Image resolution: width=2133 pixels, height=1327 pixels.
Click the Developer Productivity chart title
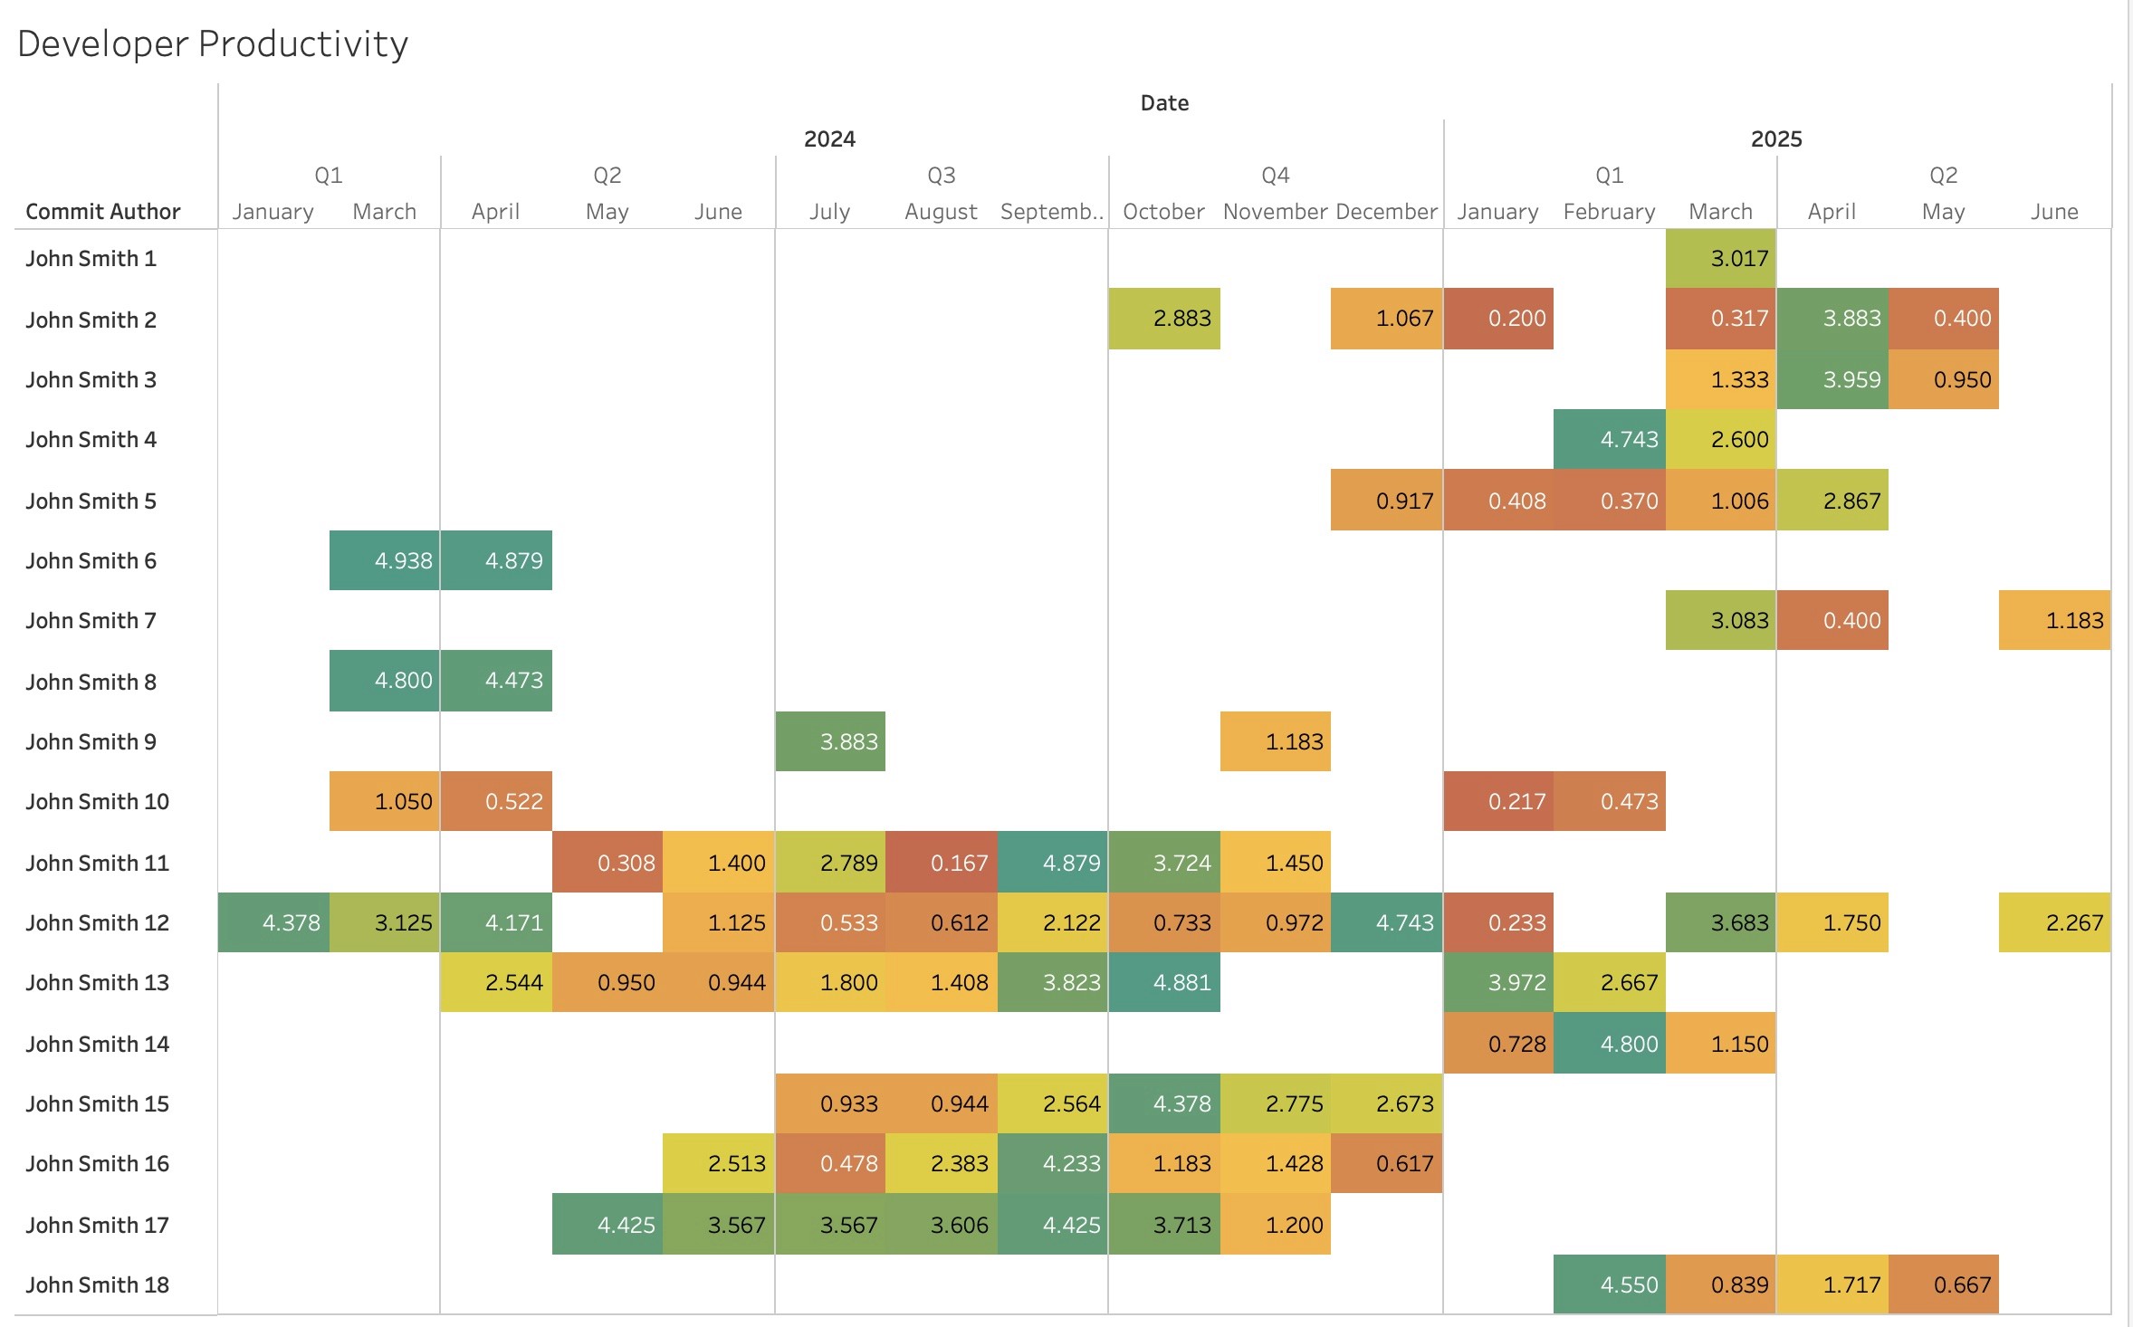(x=213, y=43)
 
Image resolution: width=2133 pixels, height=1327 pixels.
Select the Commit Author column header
(x=103, y=212)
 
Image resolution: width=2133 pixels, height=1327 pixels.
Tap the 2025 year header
(x=1775, y=139)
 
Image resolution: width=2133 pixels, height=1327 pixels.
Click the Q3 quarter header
(x=941, y=176)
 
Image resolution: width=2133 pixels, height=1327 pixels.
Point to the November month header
(x=1275, y=212)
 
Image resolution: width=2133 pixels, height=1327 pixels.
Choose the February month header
(x=1609, y=212)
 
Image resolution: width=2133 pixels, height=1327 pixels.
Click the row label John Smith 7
(x=91, y=621)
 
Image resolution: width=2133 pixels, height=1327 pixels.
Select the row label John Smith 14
(x=98, y=1044)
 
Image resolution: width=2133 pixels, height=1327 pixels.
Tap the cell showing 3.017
(x=1720, y=259)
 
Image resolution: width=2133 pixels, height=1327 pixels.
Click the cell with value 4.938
(x=385, y=560)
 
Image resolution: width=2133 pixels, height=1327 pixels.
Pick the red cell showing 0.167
(x=941, y=863)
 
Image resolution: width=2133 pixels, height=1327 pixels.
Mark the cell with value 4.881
(x=1164, y=982)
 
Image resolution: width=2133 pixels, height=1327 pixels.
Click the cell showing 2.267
(x=2054, y=922)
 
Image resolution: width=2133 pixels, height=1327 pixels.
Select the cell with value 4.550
(x=1609, y=1284)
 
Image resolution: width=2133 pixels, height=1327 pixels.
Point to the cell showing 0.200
(x=1498, y=319)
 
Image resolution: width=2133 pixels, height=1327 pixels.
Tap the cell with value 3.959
(x=1832, y=379)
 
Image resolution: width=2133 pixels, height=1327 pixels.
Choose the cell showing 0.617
(x=1386, y=1163)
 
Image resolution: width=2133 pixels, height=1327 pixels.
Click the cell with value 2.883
(x=1164, y=319)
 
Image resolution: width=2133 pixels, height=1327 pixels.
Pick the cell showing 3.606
(x=941, y=1225)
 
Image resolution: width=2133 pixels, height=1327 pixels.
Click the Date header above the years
(x=1164, y=103)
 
